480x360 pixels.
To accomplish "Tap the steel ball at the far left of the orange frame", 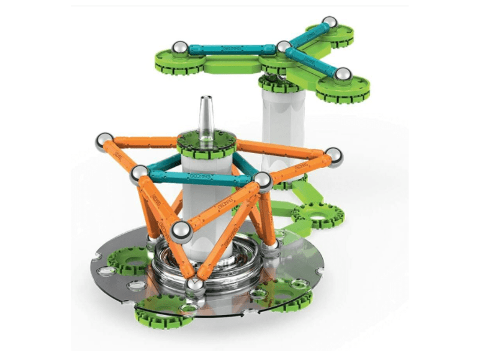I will pos(104,142).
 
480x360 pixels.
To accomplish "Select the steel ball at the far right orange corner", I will pos(334,157).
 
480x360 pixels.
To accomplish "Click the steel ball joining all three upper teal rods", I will pos(283,47).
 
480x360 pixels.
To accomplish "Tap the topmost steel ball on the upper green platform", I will pos(328,24).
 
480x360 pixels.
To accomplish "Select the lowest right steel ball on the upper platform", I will pos(342,74).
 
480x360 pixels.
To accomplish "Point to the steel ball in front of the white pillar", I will pos(181,231).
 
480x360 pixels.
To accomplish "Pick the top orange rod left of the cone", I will pos(144,142).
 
